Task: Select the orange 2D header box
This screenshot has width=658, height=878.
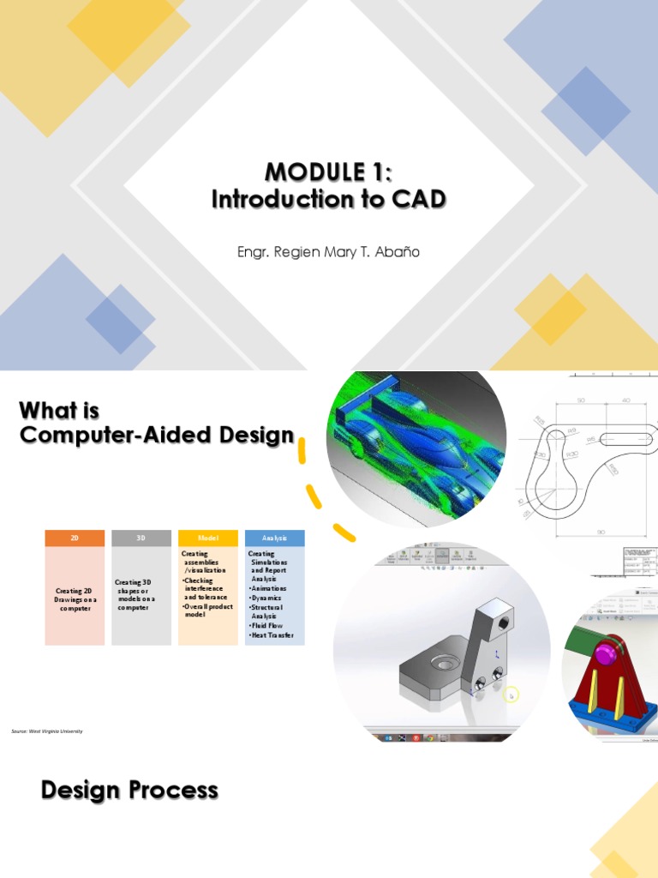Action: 75,538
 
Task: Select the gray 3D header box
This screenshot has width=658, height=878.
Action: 141,538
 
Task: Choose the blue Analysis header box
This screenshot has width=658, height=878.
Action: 274,538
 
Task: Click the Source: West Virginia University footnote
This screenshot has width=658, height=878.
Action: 47,731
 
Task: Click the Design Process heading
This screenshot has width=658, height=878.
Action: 129,790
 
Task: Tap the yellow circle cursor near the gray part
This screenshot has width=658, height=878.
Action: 511,695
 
